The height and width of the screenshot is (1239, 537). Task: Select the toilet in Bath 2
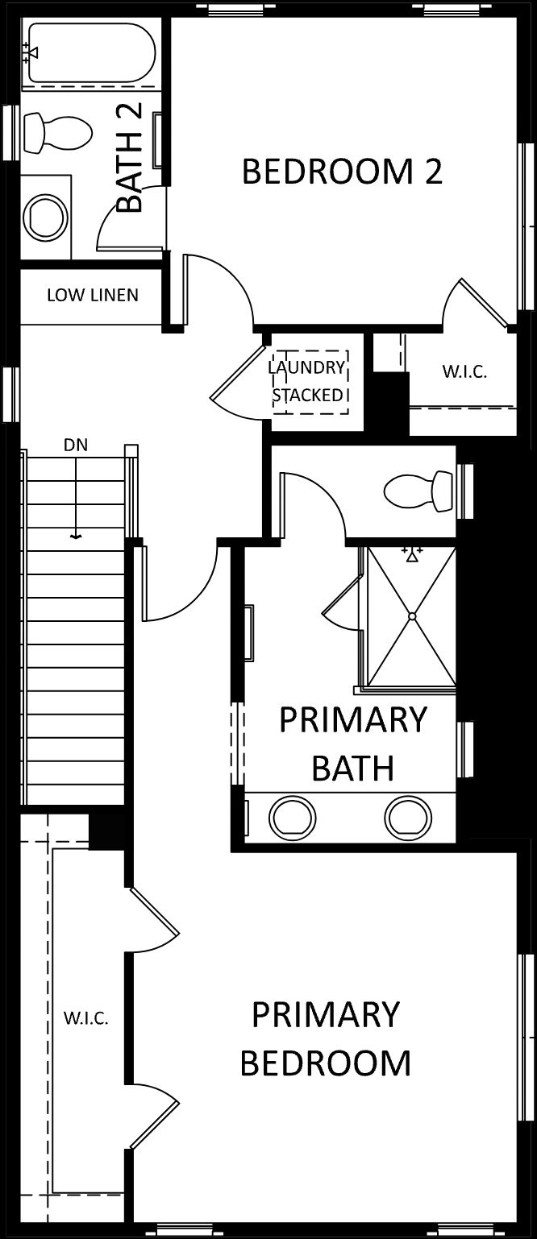tap(57, 132)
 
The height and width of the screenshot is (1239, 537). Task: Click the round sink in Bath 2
tap(47, 216)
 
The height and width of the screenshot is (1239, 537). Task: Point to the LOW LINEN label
tap(93, 295)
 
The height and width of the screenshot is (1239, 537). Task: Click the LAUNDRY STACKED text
tap(308, 381)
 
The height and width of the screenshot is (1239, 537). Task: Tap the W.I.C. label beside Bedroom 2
tap(464, 371)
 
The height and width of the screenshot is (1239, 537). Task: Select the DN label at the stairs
tap(75, 445)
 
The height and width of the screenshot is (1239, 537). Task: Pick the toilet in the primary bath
tap(418, 490)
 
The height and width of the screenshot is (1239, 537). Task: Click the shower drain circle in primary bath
tap(412, 616)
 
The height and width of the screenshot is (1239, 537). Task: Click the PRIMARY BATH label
tap(352, 744)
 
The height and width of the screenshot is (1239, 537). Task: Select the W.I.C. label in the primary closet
tap(85, 1018)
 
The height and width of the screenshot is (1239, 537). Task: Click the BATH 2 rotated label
tap(131, 158)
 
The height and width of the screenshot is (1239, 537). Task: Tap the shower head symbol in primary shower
tap(411, 554)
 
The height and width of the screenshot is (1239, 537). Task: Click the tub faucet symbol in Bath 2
tap(31, 52)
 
